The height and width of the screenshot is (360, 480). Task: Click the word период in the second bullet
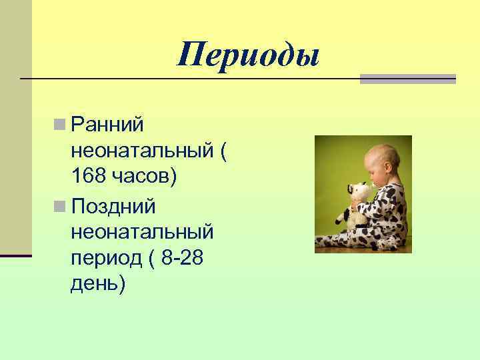(104, 259)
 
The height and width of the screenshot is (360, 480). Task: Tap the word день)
(97, 285)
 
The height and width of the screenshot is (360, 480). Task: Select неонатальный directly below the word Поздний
(141, 233)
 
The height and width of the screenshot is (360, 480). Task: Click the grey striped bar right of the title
(408, 79)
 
